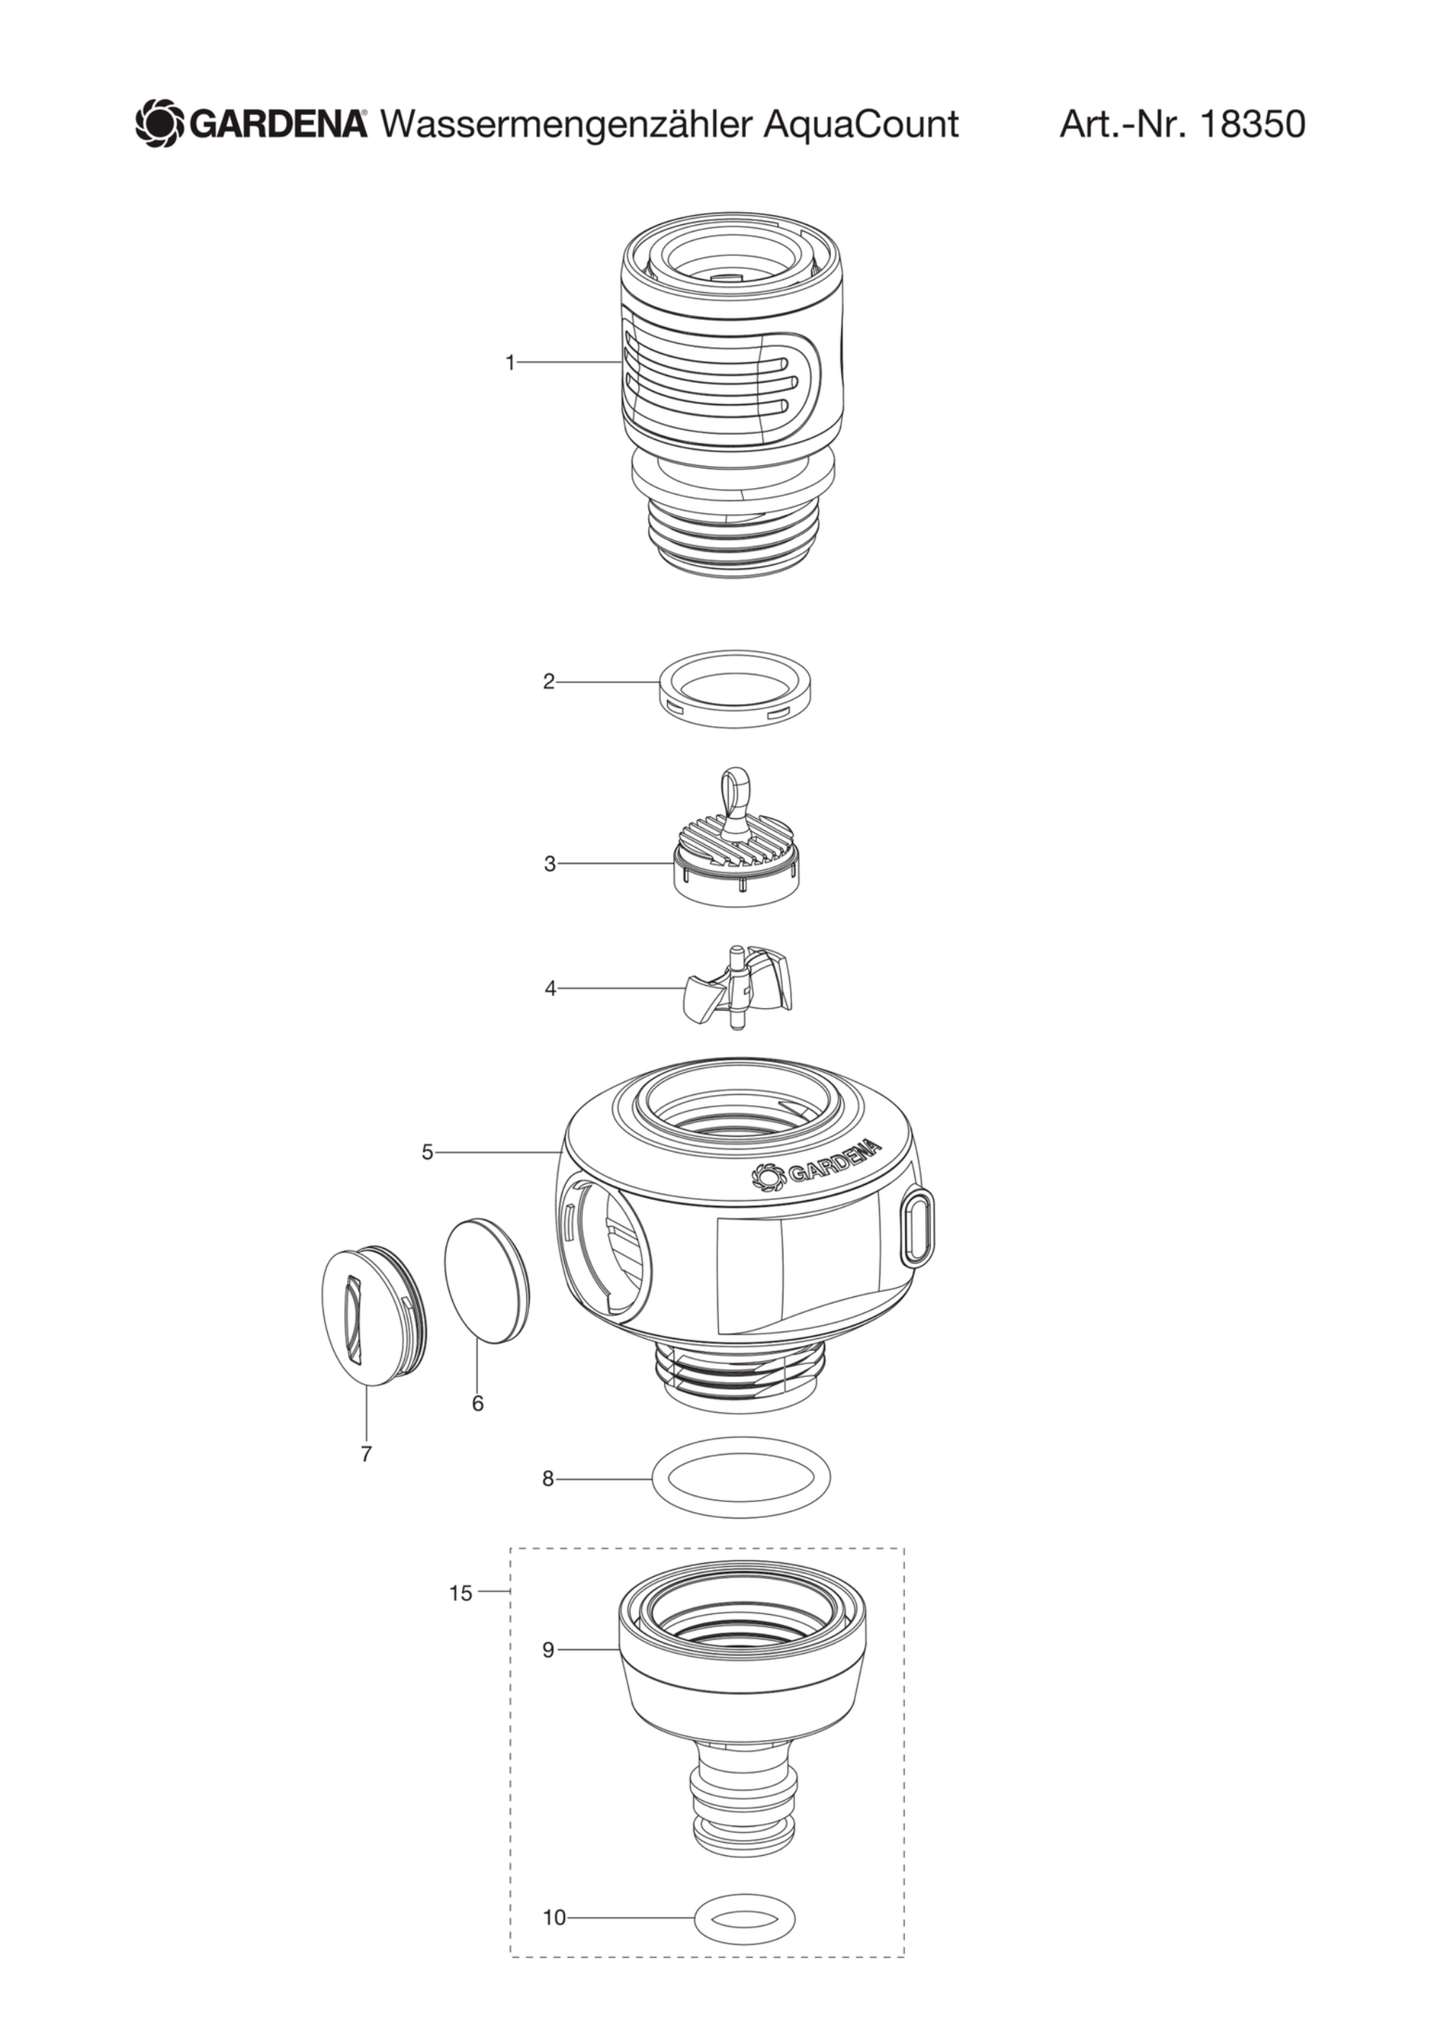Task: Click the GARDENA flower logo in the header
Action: pyautogui.click(x=160, y=124)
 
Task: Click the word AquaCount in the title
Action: pyautogui.click(x=860, y=124)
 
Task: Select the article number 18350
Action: pyautogui.click(x=1252, y=124)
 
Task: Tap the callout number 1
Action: pyautogui.click(x=510, y=363)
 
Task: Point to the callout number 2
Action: pyautogui.click(x=548, y=682)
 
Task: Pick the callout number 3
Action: pyautogui.click(x=550, y=864)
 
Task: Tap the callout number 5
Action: pyautogui.click(x=428, y=1153)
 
